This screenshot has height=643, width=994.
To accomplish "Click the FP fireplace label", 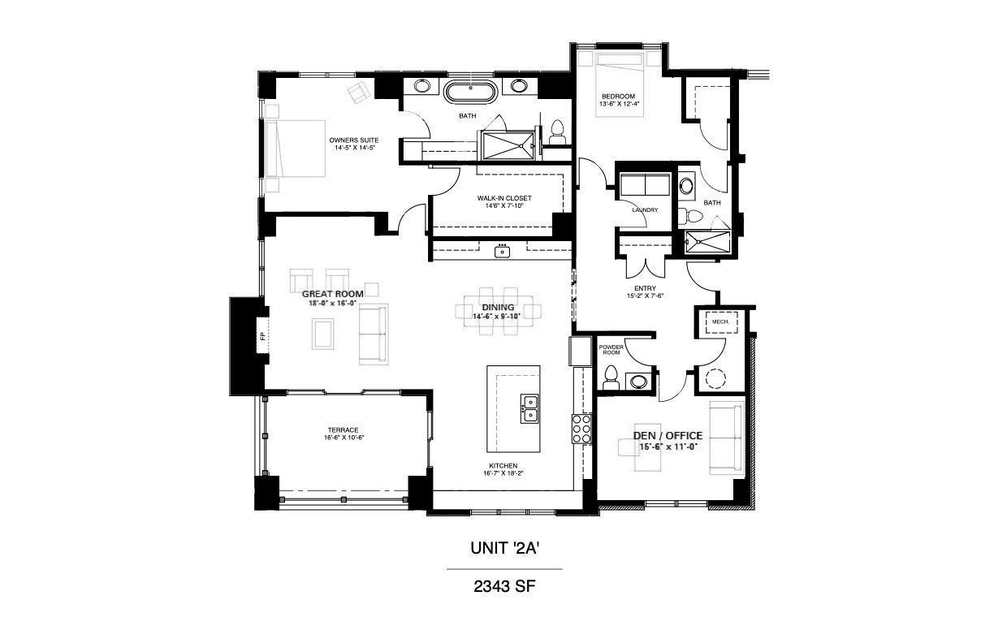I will pos(262,335).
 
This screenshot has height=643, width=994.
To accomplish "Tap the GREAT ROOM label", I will pos(332,293).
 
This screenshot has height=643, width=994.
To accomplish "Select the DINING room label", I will pos(498,307).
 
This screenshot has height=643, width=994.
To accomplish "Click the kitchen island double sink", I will pos(529,408).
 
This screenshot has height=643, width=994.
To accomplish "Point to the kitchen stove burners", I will pos(581,429).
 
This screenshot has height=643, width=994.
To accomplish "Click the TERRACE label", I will pos(343,430).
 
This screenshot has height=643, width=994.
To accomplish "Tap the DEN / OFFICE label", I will pos(668,436).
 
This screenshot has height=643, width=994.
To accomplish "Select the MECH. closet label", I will pos(720,322).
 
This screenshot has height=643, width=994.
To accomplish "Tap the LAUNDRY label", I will pos(644,210).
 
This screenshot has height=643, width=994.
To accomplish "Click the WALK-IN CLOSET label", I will pos(503,198).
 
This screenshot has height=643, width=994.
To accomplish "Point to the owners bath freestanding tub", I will pos(470,92).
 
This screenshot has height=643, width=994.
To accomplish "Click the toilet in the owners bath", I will pos(557,132).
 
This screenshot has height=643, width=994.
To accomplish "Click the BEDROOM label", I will pos(618,97).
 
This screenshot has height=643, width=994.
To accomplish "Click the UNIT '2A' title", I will pos(505,549).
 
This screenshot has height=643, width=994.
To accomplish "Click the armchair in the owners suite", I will pos(359,93).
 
